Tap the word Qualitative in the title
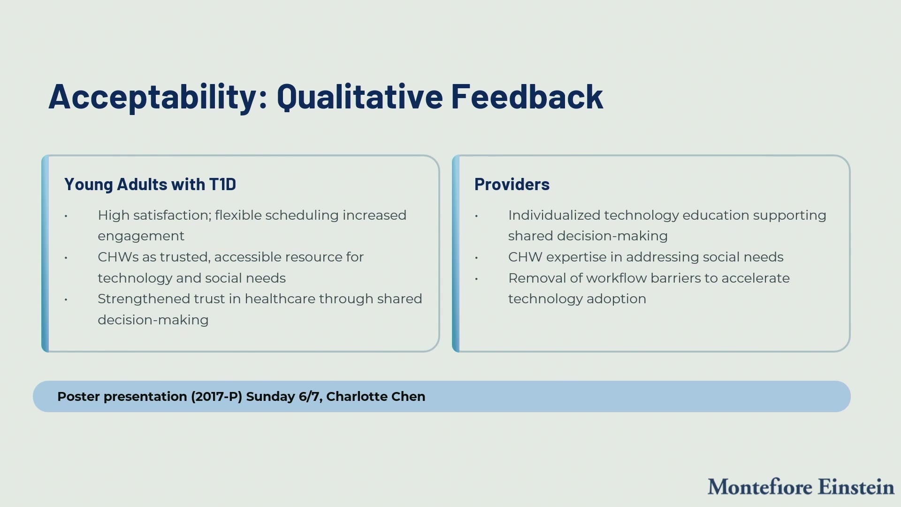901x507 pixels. coord(360,97)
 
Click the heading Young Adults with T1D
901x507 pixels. coord(150,184)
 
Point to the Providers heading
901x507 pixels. coord(512,184)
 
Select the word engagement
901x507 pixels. coord(141,237)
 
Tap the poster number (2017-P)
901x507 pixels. coord(216,397)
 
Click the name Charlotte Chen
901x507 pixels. coord(375,397)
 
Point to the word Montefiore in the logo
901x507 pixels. coord(760,487)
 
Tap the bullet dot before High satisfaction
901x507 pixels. coord(66,216)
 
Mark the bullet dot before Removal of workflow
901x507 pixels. coord(476,279)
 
